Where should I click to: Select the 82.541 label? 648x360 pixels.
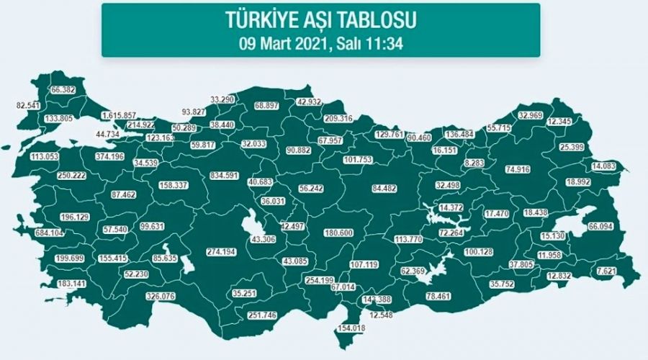[30, 106]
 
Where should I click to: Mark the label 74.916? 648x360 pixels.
[523, 170]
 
